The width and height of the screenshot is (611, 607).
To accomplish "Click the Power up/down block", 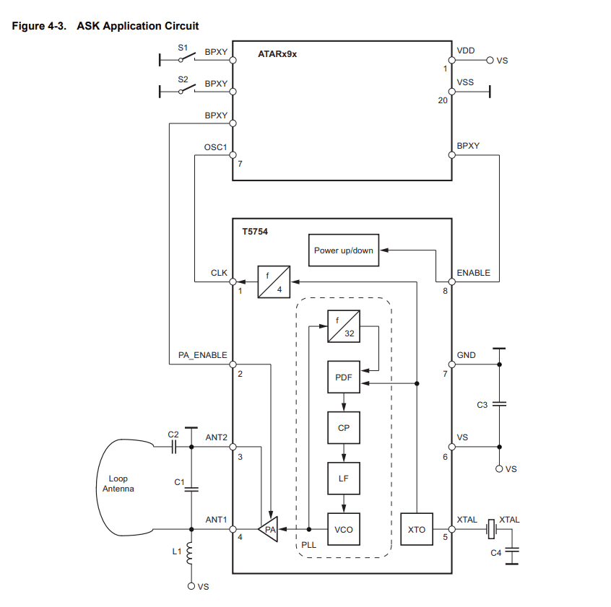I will (344, 250).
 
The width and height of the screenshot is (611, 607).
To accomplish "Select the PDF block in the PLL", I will (344, 377).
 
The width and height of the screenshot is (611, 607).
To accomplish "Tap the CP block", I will (344, 428).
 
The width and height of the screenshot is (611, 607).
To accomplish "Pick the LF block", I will (344, 479).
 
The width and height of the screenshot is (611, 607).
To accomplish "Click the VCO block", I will (344, 530).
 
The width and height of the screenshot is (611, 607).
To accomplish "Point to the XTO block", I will (417, 530).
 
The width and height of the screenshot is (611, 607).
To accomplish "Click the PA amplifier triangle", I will (269, 530).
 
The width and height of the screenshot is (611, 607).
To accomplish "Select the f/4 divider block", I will (274, 281).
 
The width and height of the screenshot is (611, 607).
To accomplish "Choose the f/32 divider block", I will (344, 326).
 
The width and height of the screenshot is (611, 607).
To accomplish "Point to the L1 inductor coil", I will (191, 554).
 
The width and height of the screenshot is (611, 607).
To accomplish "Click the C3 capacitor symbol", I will (498, 405).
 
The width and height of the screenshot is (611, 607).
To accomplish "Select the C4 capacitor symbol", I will (512, 554).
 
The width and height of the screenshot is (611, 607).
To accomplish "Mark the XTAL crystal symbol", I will (492, 530).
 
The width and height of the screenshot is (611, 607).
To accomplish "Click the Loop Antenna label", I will (118, 484).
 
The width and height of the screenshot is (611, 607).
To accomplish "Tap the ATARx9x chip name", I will (277, 54).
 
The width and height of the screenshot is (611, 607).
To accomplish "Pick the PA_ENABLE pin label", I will (203, 355).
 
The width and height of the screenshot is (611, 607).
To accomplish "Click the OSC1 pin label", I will (216, 147).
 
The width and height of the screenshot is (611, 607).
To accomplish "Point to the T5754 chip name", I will (254, 233).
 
